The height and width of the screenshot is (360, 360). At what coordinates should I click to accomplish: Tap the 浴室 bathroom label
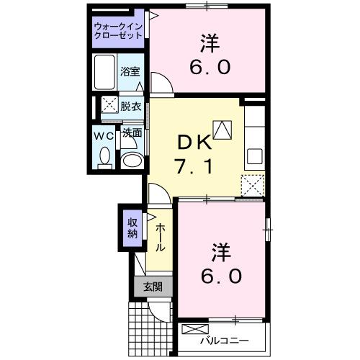point(130,72)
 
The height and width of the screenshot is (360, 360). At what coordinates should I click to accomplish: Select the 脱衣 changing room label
point(130,106)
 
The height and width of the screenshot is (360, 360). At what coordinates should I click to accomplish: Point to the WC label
point(101,134)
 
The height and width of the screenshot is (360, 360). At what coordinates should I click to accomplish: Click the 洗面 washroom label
point(131,133)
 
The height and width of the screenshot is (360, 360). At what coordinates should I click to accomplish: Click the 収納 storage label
point(133,228)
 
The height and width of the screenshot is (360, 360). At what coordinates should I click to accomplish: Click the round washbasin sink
point(131,159)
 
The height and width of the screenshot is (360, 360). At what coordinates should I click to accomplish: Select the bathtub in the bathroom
point(104,71)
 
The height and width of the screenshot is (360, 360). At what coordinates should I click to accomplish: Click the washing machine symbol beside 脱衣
point(109,105)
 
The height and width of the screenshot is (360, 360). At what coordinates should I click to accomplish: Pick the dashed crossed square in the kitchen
point(253,185)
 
